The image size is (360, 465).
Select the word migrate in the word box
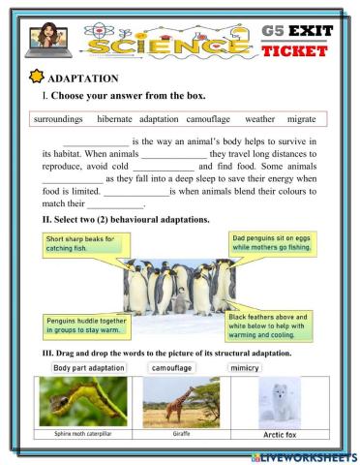(x=302, y=119)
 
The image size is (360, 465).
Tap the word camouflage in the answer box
(x=208, y=119)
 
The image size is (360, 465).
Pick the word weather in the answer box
(x=259, y=119)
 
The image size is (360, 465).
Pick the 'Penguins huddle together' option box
(x=86, y=326)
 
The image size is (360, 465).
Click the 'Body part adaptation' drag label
(x=89, y=368)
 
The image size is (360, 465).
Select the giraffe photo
(x=181, y=401)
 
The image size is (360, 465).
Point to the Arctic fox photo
(x=279, y=401)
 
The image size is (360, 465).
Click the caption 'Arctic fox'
(x=279, y=435)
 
